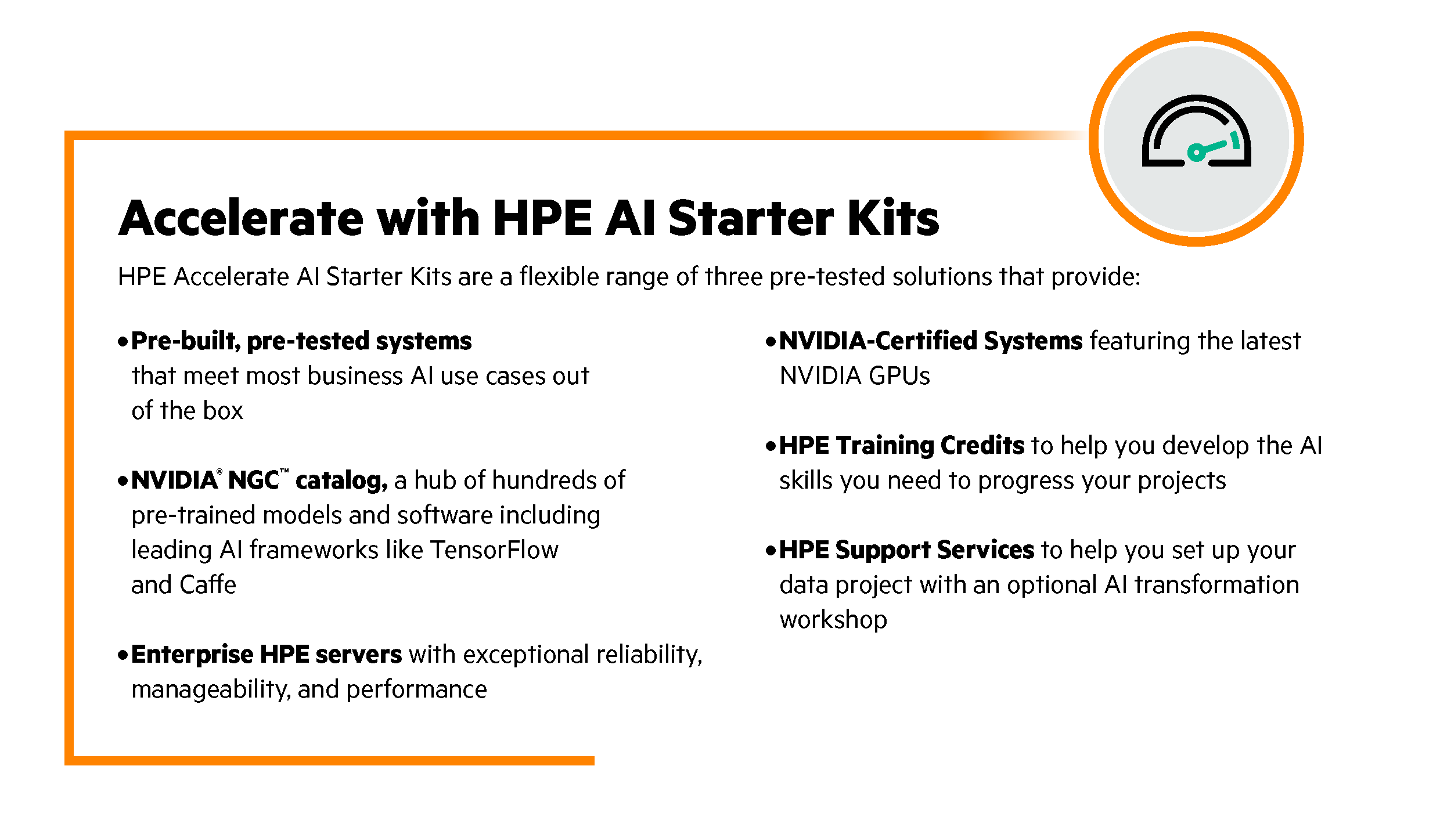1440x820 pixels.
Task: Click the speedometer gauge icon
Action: coord(1196,131)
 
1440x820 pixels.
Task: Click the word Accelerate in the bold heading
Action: coord(241,218)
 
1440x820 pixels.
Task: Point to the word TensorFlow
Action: coord(494,550)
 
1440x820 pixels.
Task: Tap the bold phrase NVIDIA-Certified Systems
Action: coord(931,341)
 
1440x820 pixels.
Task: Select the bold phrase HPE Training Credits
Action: coord(902,445)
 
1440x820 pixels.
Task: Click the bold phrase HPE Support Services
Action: coord(906,550)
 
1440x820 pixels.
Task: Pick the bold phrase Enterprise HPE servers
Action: coord(267,654)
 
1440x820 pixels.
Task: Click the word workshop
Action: coord(833,620)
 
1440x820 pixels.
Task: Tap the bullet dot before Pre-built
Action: coord(123,341)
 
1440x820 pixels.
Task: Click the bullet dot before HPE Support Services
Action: coord(771,550)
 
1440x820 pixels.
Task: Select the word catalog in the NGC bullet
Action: coord(340,481)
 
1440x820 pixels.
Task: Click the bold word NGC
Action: coord(254,481)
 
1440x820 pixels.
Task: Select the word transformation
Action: coord(1216,584)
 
